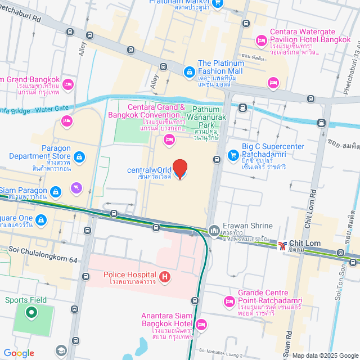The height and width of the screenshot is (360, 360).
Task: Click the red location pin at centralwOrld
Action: [x=179, y=168]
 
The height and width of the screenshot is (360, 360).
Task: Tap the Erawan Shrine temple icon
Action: [x=214, y=231]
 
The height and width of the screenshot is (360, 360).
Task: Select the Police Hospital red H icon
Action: [x=165, y=276]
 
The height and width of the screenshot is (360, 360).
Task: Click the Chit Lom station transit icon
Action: [x=282, y=245]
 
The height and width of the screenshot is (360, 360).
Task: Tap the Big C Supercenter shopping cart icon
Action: [x=232, y=155]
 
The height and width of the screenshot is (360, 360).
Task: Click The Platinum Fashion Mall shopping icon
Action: [x=189, y=71]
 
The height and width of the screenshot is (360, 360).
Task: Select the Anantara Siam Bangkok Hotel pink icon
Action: [x=202, y=325]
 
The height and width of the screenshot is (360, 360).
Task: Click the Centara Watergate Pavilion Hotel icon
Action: [x=261, y=40]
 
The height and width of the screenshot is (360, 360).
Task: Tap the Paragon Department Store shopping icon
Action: [x=79, y=157]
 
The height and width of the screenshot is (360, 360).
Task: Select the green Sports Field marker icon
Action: [x=31, y=312]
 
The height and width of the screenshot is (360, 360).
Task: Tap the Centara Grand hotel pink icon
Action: [x=168, y=138]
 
